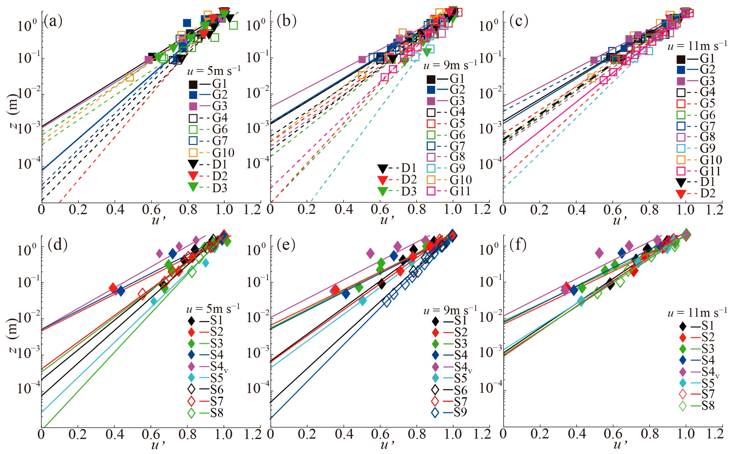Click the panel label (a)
(x=53, y=21)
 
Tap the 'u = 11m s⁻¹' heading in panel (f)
(x=697, y=313)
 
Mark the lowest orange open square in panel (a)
(x=129, y=77)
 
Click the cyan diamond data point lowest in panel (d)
(x=154, y=301)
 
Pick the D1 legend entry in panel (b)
(x=397, y=168)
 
